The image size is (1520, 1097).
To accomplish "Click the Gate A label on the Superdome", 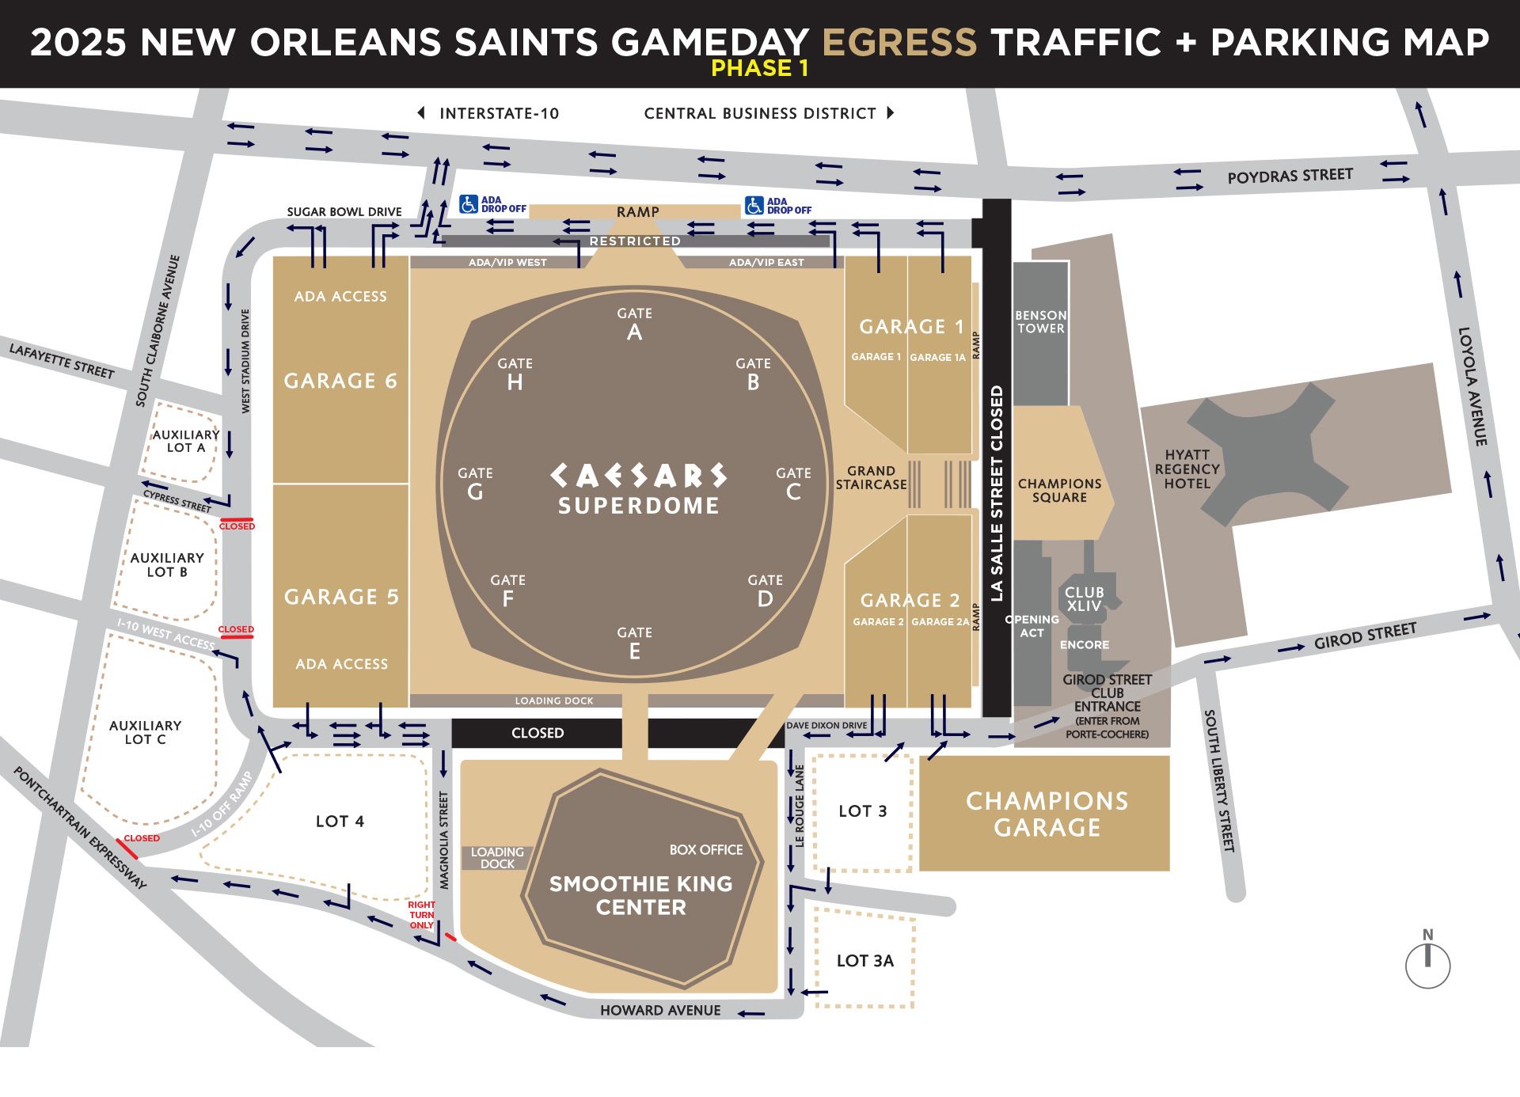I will point(634,324).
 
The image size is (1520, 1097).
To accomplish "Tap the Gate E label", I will point(634,643).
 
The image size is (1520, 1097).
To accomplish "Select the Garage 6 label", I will point(340,381).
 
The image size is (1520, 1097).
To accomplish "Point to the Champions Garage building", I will point(1046,814).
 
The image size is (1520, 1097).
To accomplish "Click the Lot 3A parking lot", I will point(864,960).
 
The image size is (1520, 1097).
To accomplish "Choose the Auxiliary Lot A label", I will point(185,441).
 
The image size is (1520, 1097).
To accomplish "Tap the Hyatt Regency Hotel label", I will point(1187,469).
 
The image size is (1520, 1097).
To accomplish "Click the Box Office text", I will point(705,849).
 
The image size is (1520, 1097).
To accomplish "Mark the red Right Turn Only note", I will point(421,915).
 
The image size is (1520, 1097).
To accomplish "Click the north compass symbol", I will point(1427,962).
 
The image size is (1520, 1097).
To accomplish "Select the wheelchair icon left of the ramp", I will point(469,204).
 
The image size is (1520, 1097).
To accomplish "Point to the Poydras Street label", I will point(1290,176).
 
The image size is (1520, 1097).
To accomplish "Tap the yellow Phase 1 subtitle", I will point(759,69).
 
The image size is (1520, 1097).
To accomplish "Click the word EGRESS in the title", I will point(899,42).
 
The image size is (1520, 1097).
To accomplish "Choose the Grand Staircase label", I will point(871,477).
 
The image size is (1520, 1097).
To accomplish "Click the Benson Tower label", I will point(1040,321).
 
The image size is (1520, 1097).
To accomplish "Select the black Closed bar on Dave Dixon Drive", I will point(538,733).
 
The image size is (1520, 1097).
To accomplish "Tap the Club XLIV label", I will point(1084,599).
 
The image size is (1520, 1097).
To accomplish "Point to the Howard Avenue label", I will point(660,1010).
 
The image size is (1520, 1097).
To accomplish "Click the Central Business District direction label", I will point(760,113).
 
